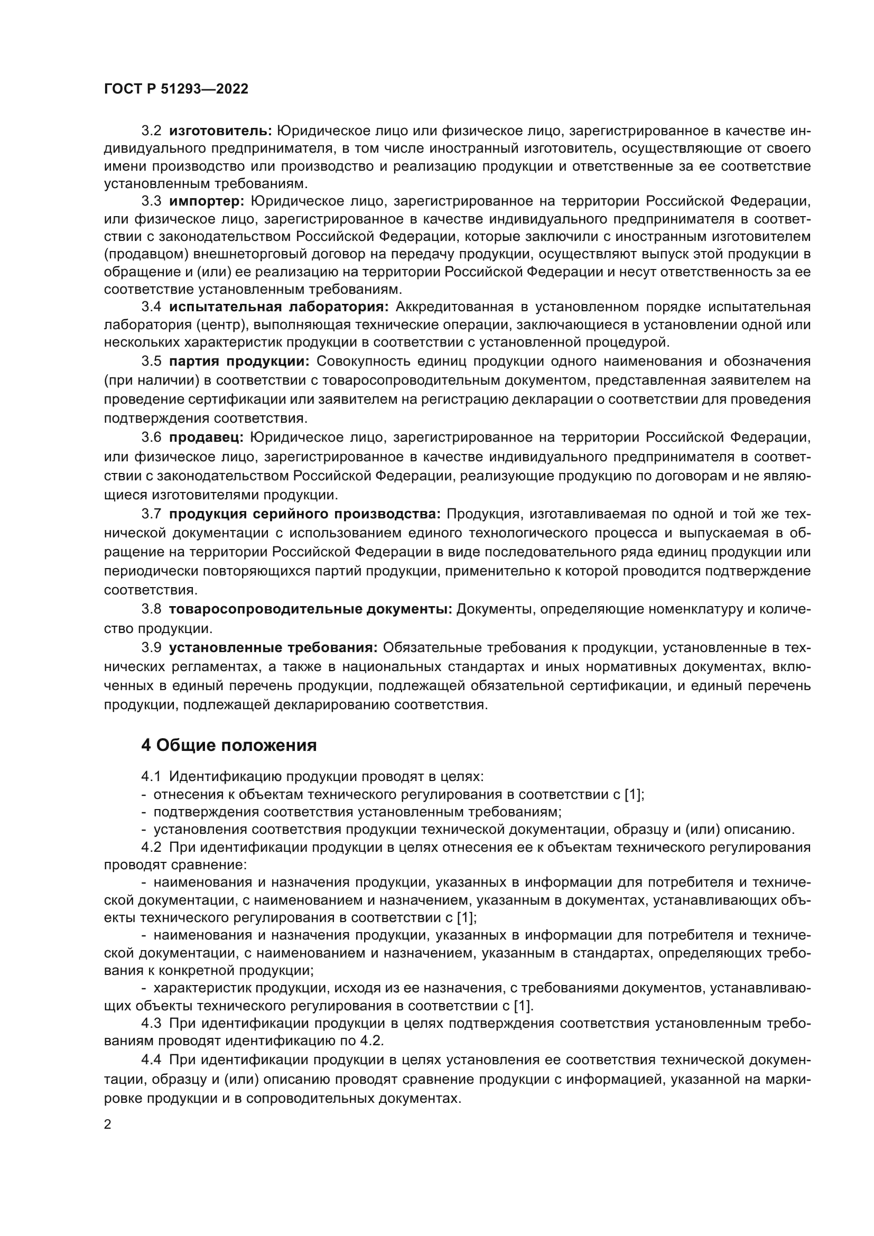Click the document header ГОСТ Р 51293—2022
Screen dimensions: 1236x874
tap(176, 89)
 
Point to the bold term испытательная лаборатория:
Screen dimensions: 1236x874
tap(279, 307)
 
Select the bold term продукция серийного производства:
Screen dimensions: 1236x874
tap(304, 514)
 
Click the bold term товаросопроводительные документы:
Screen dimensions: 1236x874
tap(311, 609)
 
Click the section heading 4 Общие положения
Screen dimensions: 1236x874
tap(229, 746)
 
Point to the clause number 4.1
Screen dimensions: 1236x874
tap(151, 777)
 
